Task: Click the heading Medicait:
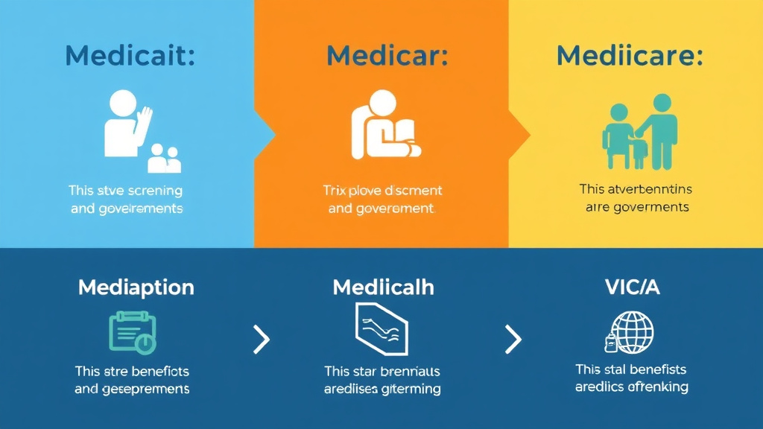(x=130, y=57)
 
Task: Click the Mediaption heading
(x=136, y=287)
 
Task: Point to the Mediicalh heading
(x=383, y=287)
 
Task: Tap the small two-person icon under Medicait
(x=164, y=158)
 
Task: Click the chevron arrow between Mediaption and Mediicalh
(x=262, y=340)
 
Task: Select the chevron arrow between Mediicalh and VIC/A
(x=513, y=340)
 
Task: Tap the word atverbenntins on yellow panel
(x=647, y=189)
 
